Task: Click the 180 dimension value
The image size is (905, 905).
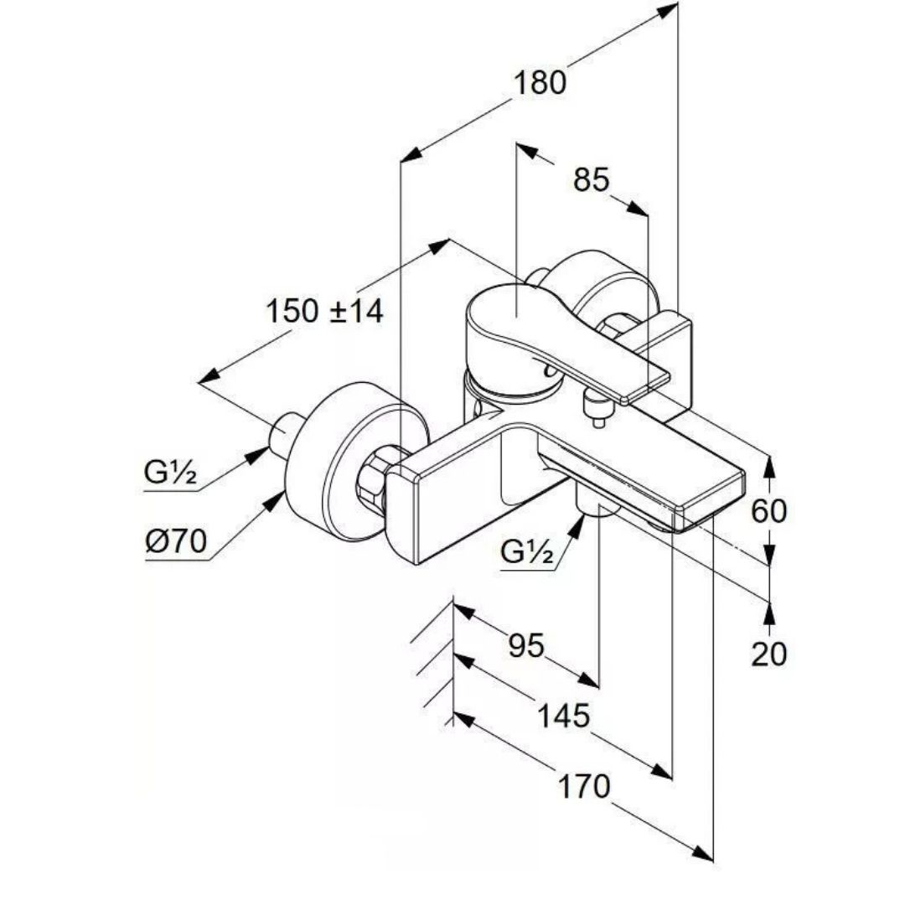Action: coord(540,83)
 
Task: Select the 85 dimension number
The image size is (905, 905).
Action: coord(592,179)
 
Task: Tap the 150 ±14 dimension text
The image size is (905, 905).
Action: coord(324,311)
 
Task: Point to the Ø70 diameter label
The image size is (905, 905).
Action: coord(174,542)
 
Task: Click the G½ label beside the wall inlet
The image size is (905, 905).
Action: coord(170,473)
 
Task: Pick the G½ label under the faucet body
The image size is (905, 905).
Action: coord(527,551)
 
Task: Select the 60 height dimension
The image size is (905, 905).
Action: coord(768,510)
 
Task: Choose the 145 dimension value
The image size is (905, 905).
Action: coord(563,716)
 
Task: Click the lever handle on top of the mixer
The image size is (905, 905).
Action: coord(536,327)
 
